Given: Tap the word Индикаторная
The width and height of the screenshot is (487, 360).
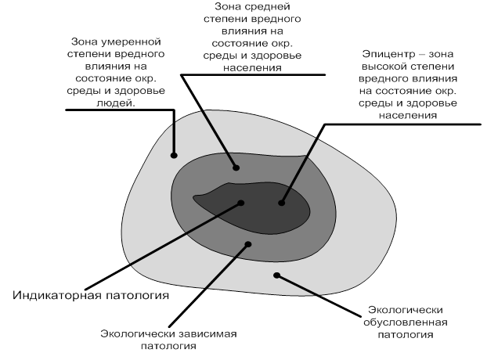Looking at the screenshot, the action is tap(57, 295).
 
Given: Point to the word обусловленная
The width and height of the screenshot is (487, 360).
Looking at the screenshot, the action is tap(406, 322).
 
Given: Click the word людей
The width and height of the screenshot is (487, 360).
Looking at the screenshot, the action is tap(116, 103).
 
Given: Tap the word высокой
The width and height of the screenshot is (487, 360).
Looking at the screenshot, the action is tap(383, 67).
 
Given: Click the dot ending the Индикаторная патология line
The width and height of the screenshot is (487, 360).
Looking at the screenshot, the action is tap(240, 203).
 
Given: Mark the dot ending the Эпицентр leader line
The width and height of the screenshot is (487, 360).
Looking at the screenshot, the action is tap(281, 203).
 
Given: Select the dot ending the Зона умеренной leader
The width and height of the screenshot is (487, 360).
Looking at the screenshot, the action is tap(174, 155).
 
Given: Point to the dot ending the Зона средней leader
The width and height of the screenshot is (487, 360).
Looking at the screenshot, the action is tap(236, 168).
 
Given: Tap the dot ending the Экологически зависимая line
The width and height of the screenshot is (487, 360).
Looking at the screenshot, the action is tap(248, 244).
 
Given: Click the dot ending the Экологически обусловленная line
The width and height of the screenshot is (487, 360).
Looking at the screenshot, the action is tap(276, 275).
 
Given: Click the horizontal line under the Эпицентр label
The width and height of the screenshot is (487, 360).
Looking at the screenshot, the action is tap(402, 124).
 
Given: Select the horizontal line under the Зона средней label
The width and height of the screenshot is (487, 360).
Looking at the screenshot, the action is tap(253, 74).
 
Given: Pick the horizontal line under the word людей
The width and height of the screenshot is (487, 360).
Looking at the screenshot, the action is tap(120, 110).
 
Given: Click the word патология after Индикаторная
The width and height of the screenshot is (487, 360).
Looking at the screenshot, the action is tap(138, 295).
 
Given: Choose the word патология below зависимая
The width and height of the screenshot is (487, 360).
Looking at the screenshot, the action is tap(168, 346).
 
